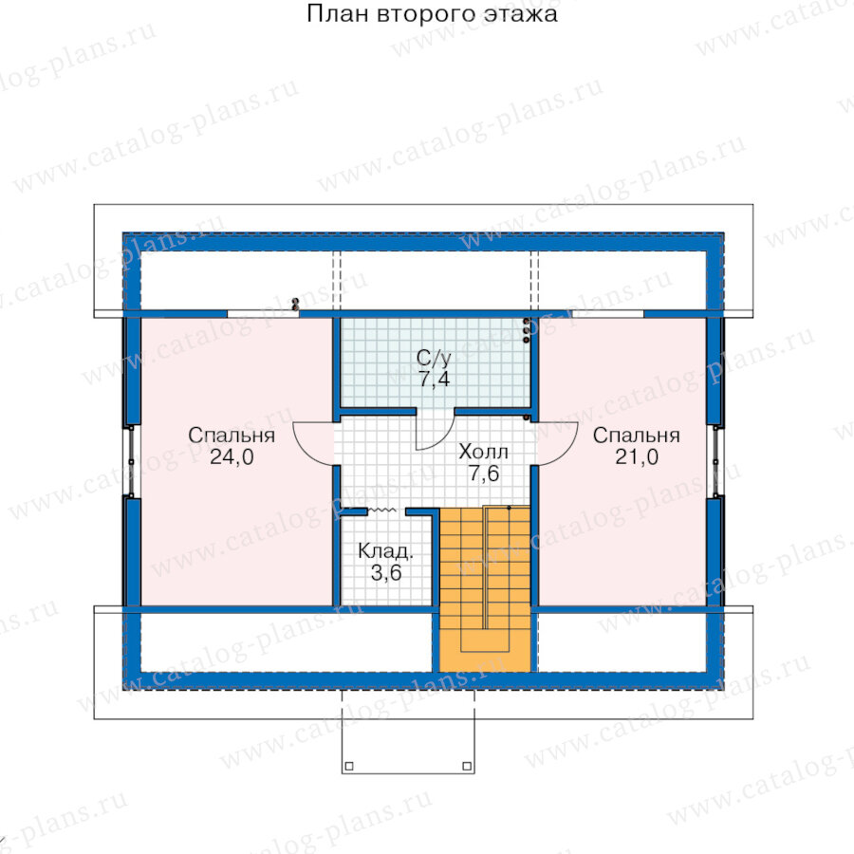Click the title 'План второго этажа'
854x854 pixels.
click(432, 13)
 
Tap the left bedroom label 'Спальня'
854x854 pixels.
click(232, 436)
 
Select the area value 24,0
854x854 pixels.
click(232, 457)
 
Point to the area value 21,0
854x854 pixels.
click(637, 457)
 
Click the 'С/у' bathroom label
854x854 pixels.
click(434, 358)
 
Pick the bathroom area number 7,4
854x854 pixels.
click(434, 379)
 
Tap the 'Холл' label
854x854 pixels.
click(484, 452)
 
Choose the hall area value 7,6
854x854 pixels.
click(484, 473)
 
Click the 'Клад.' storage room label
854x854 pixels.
click(385, 551)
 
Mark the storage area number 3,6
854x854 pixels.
click(386, 572)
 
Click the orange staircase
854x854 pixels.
click(485, 589)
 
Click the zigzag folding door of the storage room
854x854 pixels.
click(382, 511)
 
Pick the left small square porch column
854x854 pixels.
click(349, 766)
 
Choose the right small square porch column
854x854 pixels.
click(467, 766)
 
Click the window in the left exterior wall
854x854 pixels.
click(132, 461)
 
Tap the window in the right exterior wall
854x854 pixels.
click(715, 461)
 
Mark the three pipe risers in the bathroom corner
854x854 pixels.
click(526, 330)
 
